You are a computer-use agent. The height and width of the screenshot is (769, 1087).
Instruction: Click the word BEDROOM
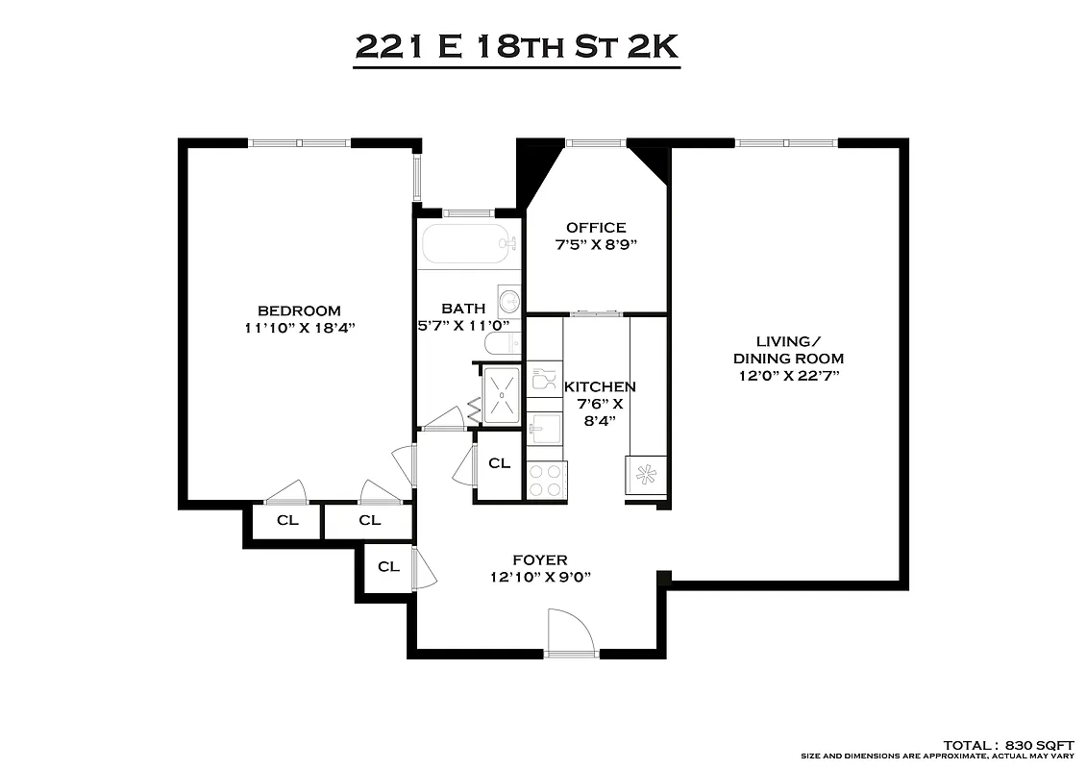pos(299,310)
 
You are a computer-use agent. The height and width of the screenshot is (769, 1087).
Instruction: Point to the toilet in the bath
pos(501,343)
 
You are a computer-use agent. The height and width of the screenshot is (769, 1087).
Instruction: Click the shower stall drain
pos(501,394)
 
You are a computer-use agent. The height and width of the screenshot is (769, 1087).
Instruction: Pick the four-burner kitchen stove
pos(547,480)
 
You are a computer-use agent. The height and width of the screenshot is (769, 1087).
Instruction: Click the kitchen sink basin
pos(545,428)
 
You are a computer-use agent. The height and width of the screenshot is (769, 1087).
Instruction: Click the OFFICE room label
pos(596,228)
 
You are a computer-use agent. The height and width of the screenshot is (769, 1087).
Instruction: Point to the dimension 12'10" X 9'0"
pos(539,577)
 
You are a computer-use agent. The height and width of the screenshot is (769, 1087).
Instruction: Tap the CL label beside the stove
pos(499,463)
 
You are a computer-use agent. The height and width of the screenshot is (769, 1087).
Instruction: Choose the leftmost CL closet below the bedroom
pos(287,521)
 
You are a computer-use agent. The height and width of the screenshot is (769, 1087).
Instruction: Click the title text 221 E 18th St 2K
pos(517,46)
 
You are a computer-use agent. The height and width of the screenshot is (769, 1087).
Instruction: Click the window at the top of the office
pos(596,143)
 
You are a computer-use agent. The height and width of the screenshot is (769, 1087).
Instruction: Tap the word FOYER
pos(539,560)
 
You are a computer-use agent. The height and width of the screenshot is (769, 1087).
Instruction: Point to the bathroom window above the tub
pos(468,211)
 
